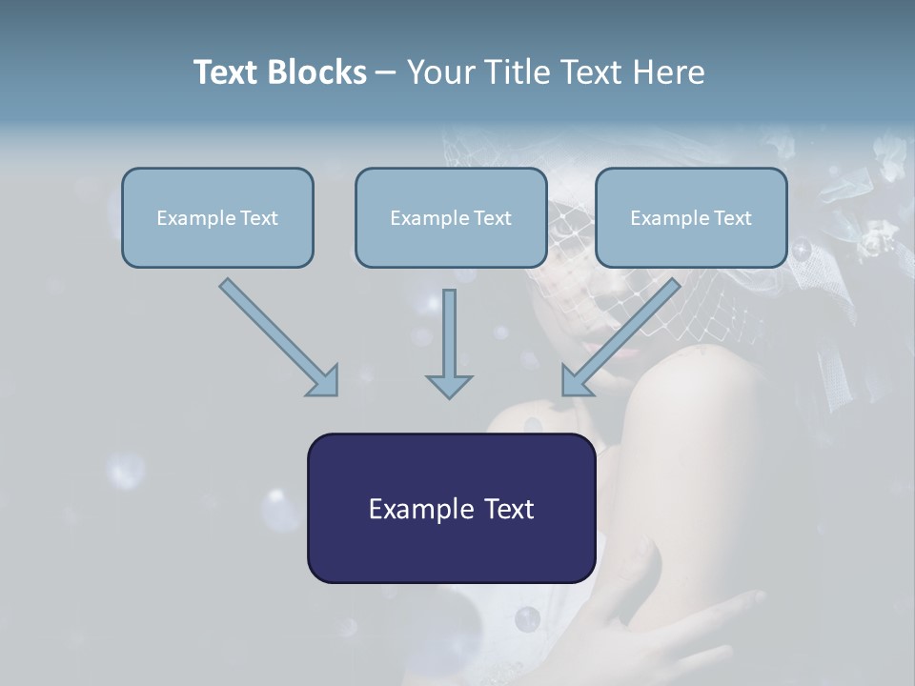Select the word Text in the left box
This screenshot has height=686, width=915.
[x=259, y=218]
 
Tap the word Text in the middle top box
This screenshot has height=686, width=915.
[x=493, y=218]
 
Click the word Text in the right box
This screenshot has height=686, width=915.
[x=733, y=218]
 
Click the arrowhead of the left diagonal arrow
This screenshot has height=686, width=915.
[x=324, y=380]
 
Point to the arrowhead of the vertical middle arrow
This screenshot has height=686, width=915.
[x=449, y=385]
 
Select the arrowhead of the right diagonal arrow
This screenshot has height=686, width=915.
[x=576, y=380]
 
